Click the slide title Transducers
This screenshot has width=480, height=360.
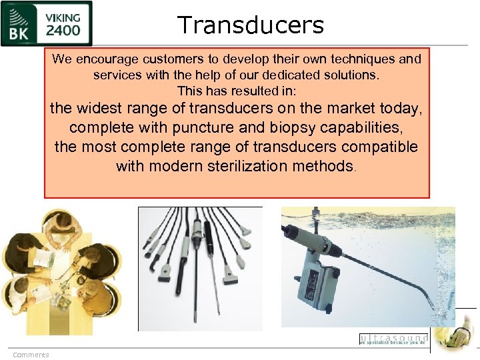(x=251, y=25)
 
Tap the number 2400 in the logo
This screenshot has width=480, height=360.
(x=63, y=31)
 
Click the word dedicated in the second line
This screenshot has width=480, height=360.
(x=272, y=75)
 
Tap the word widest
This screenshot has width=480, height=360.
(x=99, y=108)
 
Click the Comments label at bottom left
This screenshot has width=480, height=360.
(x=31, y=355)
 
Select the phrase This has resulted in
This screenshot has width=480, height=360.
(x=237, y=90)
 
